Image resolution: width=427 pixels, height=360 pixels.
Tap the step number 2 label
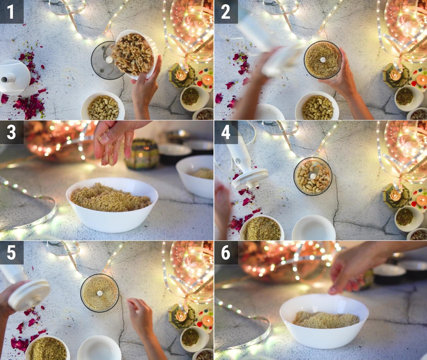(x=226, y=12)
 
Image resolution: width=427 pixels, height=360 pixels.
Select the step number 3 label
(x=11, y=132)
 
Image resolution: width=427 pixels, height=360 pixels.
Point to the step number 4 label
(x=226, y=132)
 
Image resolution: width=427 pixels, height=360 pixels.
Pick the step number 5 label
(x=11, y=253)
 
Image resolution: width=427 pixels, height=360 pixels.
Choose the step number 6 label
(x=226, y=253)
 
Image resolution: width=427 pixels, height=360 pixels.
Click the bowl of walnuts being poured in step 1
(x=135, y=54)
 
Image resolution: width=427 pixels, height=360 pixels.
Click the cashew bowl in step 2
(x=317, y=107)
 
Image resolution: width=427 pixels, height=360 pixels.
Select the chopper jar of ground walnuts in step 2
(x=323, y=60)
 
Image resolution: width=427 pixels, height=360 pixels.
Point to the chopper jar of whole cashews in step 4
(x=313, y=176)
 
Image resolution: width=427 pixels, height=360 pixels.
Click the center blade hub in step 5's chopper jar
(x=100, y=293)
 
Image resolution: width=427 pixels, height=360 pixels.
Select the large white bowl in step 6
(x=324, y=321)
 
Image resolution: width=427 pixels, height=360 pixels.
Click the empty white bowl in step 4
(x=314, y=228)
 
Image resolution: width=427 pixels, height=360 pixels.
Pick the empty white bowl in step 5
(x=99, y=348)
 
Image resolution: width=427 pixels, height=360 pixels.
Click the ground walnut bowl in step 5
(x=47, y=348)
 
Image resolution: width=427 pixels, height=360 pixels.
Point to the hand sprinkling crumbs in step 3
(x=117, y=141)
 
